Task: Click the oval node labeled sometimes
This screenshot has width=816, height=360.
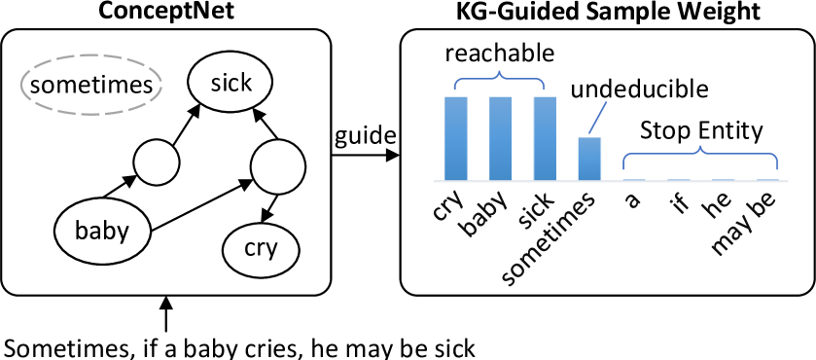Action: pyautogui.click(x=91, y=85)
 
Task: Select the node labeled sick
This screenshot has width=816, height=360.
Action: pyautogui.click(x=231, y=82)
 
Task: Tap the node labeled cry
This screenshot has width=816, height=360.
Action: pyautogui.click(x=260, y=249)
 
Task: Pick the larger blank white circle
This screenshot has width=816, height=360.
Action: pyautogui.click(x=279, y=166)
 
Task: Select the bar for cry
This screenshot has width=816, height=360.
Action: pyautogui.click(x=456, y=138)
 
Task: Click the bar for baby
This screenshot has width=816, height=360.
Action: pyautogui.click(x=500, y=138)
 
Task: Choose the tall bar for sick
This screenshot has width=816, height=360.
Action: pyautogui.click(x=545, y=138)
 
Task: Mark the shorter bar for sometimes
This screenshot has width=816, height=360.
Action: pyautogui.click(x=589, y=159)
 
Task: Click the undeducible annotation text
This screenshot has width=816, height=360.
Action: pyautogui.click(x=638, y=92)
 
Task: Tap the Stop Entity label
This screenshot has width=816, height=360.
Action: pyautogui.click(x=700, y=130)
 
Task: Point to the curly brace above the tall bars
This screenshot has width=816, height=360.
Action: pyautogui.click(x=500, y=77)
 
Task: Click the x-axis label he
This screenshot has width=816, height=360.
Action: pyautogui.click(x=721, y=204)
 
